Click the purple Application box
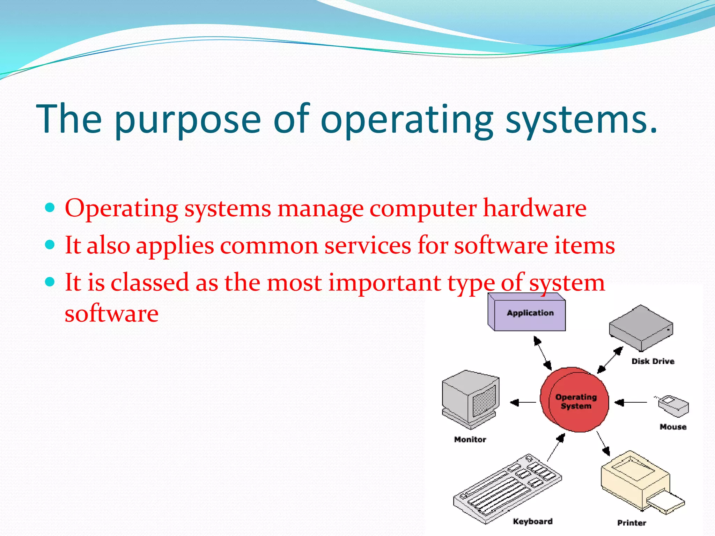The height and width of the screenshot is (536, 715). (527, 312)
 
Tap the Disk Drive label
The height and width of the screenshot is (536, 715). (653, 361)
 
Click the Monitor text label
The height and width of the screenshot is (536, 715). (470, 439)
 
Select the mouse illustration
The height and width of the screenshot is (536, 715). (673, 406)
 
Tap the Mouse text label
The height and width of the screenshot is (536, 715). (673, 427)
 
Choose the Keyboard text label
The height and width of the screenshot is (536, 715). (532, 521)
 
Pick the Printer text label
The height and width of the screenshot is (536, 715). (631, 523)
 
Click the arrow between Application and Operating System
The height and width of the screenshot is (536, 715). (543, 353)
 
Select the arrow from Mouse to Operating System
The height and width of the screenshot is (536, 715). (631, 403)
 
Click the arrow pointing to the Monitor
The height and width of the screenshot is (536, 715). (523, 403)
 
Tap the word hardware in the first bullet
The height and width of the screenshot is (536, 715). (535, 208)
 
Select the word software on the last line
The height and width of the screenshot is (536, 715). (111, 313)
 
